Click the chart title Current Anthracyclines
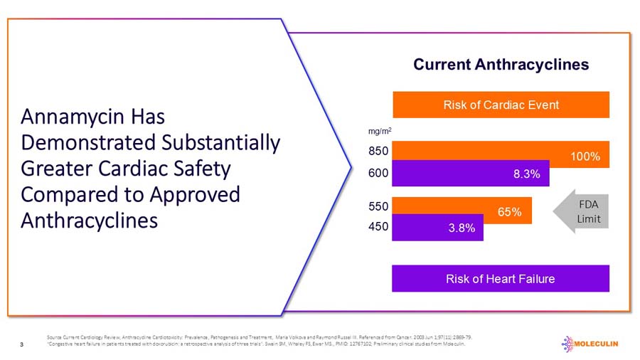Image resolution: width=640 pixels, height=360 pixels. (501, 65)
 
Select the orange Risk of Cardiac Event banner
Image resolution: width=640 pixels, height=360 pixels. (501, 105)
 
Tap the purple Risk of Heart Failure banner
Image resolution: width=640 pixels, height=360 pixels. (501, 278)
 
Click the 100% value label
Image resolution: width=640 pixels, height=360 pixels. (585, 156)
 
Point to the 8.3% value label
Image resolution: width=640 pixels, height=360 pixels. (526, 174)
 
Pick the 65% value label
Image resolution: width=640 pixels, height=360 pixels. (510, 211)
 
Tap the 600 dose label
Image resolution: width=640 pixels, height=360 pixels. (378, 173)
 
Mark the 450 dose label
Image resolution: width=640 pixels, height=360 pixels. (378, 227)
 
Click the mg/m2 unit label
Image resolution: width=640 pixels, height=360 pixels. (380, 131)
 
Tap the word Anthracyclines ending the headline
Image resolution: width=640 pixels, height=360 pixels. (90, 220)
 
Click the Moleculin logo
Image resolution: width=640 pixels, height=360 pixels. (590, 344)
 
